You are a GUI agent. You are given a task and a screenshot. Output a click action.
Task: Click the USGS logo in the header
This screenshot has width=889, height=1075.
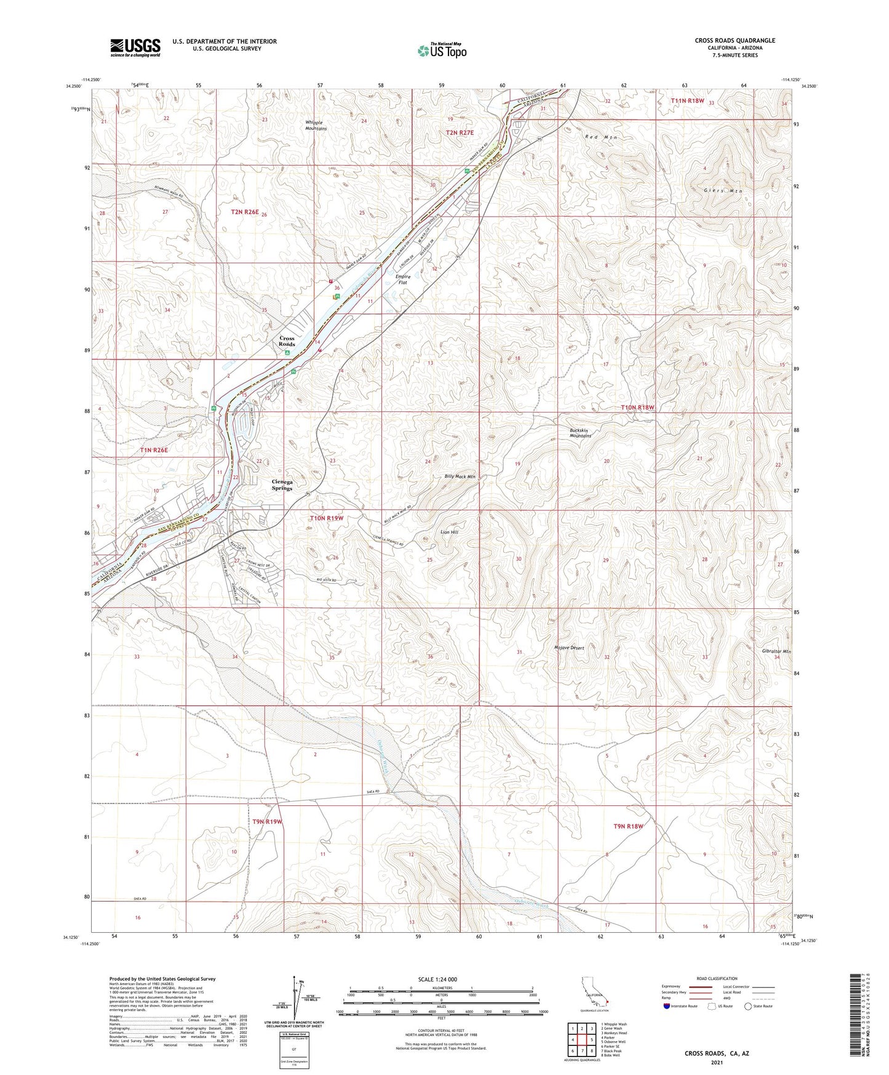[135, 47]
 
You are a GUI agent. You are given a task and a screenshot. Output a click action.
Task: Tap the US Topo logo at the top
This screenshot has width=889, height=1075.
[441, 51]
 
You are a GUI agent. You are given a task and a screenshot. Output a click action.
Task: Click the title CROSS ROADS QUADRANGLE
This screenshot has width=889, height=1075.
[735, 41]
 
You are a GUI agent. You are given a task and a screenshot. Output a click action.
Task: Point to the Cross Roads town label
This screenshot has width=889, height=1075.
[287, 341]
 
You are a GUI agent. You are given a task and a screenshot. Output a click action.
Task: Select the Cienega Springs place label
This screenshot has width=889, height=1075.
[282, 485]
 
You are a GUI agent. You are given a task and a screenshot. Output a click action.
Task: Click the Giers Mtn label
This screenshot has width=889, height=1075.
[723, 191]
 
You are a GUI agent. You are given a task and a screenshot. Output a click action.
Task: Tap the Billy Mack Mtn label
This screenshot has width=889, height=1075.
[460, 477]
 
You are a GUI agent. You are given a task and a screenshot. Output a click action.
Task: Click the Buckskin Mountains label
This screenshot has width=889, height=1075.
[580, 432]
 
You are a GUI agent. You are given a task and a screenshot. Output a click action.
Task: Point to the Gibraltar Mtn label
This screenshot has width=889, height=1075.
[776, 651]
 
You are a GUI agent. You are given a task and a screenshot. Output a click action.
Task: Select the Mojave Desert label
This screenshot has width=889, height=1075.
[568, 648]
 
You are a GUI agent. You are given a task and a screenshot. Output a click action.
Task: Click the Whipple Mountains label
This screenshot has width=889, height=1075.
[316, 126]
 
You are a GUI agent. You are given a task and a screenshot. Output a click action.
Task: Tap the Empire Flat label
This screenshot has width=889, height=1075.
[403, 280]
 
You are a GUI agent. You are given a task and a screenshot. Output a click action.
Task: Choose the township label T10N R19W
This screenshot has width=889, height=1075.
[326, 518]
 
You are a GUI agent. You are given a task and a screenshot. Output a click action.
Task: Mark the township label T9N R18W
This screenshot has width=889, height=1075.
[628, 826]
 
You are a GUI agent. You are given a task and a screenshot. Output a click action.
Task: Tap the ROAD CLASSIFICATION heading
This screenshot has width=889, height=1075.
[717, 978]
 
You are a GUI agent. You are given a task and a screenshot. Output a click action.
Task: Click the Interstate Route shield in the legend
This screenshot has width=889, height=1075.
[668, 1006]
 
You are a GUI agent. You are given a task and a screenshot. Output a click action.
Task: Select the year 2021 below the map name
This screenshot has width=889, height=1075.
[716, 1063]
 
